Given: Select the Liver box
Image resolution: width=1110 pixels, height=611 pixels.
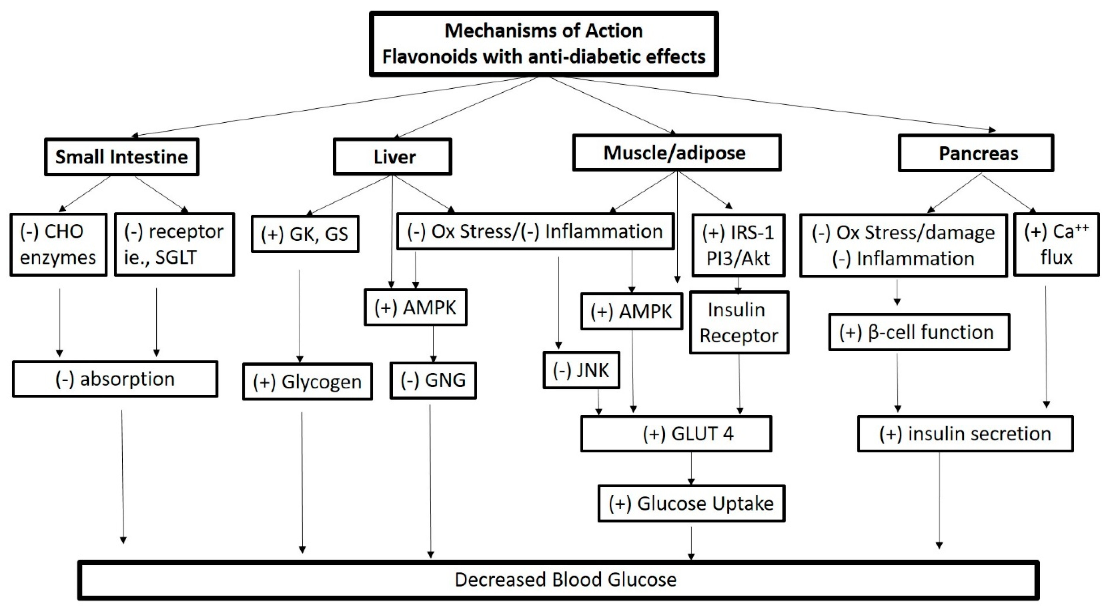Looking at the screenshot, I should coord(392,157).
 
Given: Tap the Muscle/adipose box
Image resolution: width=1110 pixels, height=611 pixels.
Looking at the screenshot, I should coord(676,153).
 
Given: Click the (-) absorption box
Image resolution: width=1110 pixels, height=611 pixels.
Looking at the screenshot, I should coord(115,379).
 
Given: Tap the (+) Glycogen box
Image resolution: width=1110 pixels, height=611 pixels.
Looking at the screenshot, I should coord(307,381).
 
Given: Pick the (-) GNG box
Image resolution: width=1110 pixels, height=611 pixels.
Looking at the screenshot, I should coord(433,380).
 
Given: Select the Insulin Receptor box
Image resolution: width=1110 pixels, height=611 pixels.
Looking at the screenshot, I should coord(739,322).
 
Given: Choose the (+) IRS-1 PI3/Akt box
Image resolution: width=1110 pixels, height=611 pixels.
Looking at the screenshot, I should coord(738,245).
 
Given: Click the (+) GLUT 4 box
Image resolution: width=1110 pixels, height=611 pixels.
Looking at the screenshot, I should coord(676,434).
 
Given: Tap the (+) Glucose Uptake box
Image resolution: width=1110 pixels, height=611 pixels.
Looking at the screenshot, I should coord(691,503).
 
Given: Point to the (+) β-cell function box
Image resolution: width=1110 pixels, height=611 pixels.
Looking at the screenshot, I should coord(919,332).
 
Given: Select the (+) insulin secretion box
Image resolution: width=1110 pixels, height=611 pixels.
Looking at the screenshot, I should coord(965,434).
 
